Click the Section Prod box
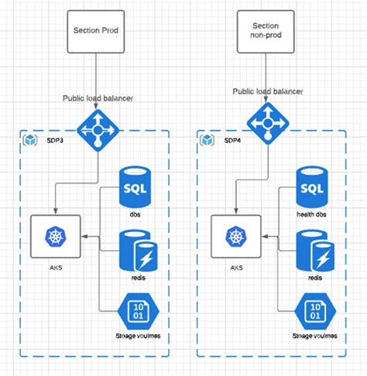(96, 30)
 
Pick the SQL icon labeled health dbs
(314, 186)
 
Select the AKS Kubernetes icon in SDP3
(55, 237)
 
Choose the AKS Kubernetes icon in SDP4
(235, 237)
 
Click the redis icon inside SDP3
(136, 250)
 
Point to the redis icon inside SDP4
(315, 250)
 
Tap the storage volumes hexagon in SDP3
(135, 312)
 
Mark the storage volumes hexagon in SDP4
(314, 312)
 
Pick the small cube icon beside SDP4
(208, 140)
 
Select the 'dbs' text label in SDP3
(135, 214)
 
